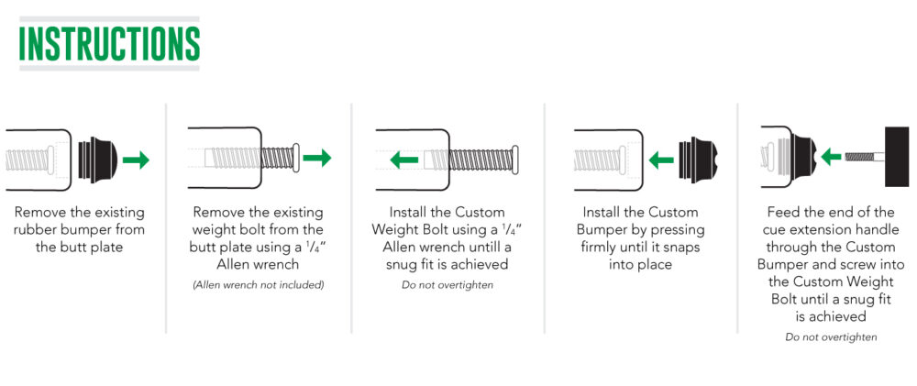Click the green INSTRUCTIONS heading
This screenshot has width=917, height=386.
pyautogui.click(x=109, y=43)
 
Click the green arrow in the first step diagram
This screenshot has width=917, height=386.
pyautogui.click(x=136, y=160)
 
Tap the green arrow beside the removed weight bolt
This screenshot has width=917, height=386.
pyautogui.click(x=317, y=158)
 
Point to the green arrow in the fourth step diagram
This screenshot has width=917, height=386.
pyautogui.click(x=661, y=159)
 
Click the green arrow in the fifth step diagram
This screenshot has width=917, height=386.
pyautogui.click(x=831, y=156)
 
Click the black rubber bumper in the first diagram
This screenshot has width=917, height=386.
pyautogui.click(x=97, y=160)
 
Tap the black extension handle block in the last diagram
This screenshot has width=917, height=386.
pyautogui.click(x=897, y=156)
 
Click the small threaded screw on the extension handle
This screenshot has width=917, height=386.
pyautogui.click(x=865, y=156)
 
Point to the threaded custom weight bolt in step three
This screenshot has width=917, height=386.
pyautogui.click(x=470, y=159)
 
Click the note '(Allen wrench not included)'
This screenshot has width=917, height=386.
pyautogui.click(x=258, y=285)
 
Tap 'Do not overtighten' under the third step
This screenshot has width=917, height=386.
pyautogui.click(x=447, y=285)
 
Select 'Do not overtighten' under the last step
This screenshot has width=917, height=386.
pyautogui.click(x=831, y=336)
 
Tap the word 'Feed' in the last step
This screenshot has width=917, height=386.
pyautogui.click(x=781, y=212)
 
